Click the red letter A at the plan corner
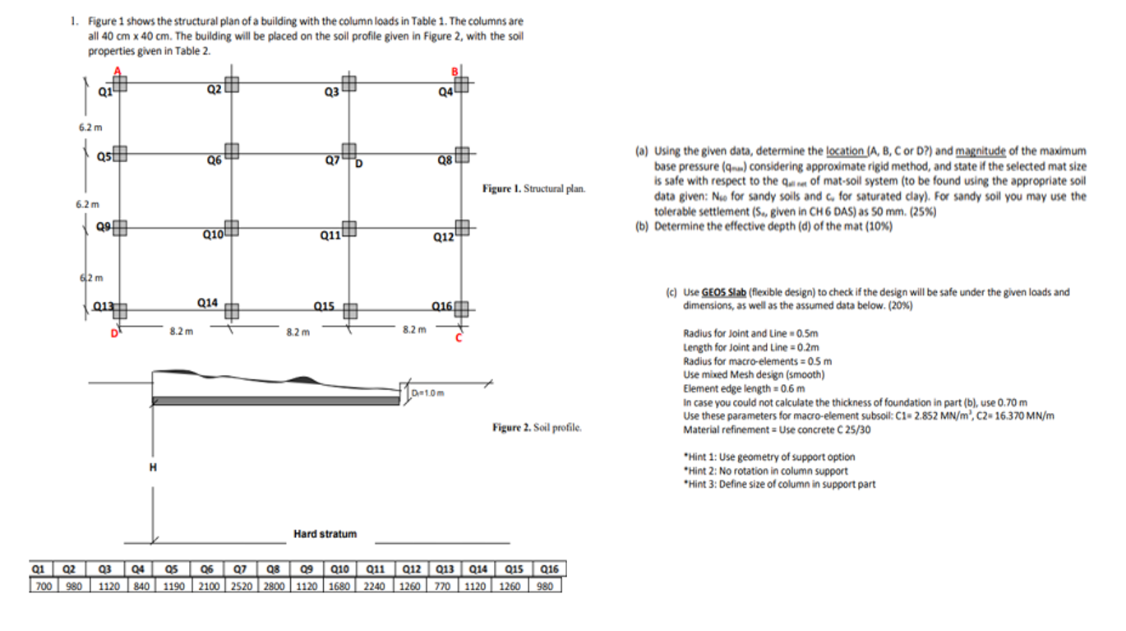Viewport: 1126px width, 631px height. (x=118, y=71)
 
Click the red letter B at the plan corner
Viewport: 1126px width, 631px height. (x=451, y=71)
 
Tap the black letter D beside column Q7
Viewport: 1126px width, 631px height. (x=360, y=162)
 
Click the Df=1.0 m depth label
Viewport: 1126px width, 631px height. (x=429, y=392)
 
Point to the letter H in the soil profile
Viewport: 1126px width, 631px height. (x=152, y=467)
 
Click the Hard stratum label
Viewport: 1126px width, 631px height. (x=325, y=534)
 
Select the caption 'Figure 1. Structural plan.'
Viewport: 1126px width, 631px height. (x=533, y=189)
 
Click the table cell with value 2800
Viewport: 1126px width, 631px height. (x=274, y=586)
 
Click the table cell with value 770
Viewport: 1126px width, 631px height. (x=444, y=586)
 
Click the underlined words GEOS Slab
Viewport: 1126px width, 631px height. (x=723, y=292)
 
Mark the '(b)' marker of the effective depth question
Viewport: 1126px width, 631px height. (x=641, y=226)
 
